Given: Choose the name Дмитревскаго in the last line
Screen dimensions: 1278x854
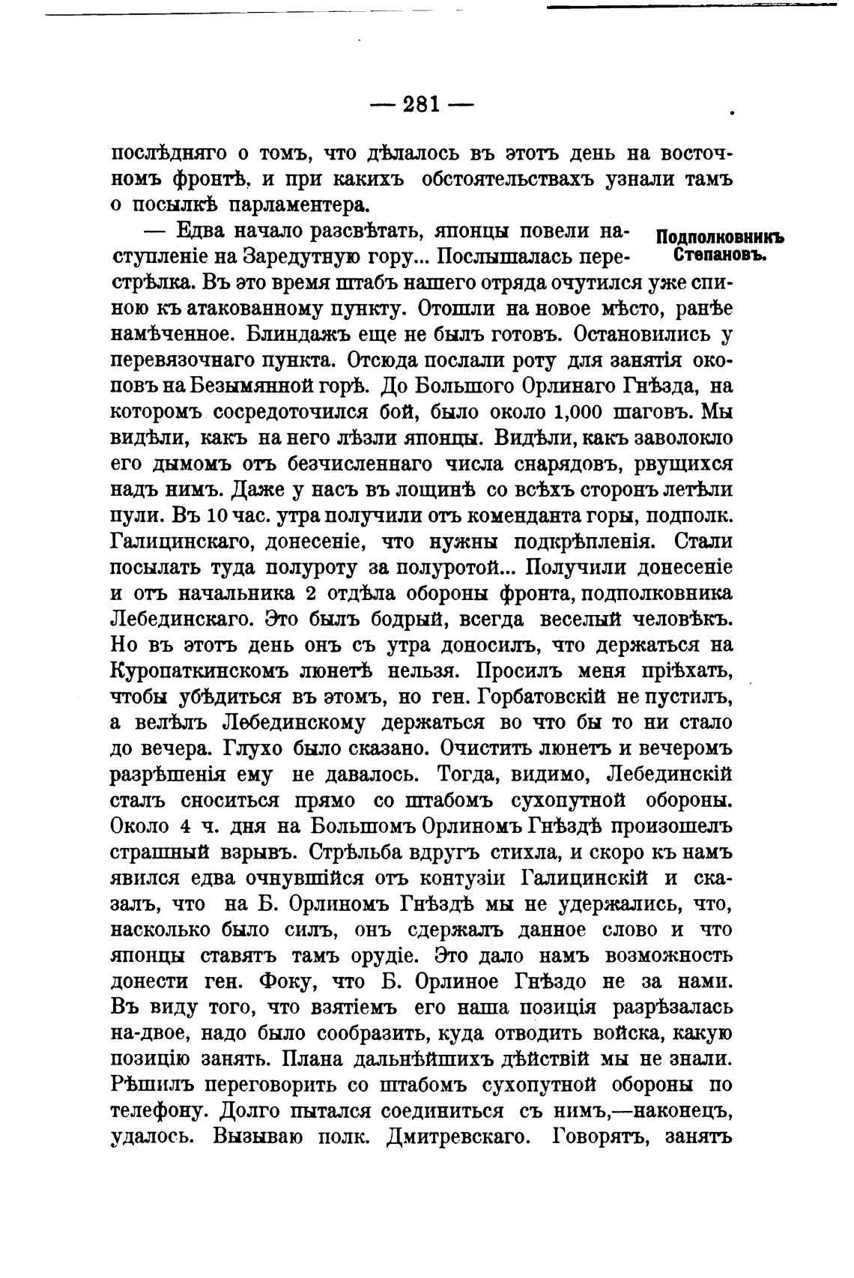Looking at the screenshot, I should tap(458, 1136).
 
